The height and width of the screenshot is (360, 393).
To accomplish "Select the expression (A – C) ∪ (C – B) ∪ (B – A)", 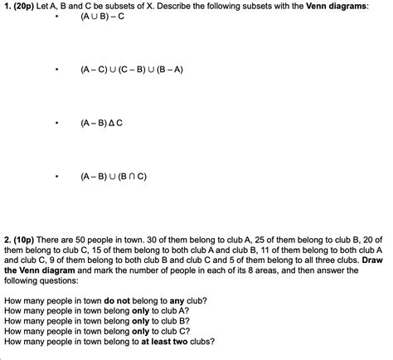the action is (132, 70).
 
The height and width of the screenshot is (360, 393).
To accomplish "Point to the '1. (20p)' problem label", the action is (20, 5).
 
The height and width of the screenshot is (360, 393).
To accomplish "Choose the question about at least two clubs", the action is (109, 341).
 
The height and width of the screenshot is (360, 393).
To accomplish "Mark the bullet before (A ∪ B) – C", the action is (56, 17).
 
